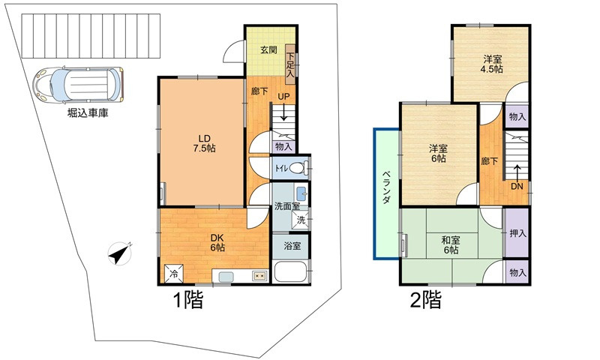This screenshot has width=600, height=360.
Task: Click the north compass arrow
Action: point(120,253)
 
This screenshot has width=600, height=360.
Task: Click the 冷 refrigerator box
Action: point(174,274)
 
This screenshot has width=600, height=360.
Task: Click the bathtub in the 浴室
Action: point(291,271)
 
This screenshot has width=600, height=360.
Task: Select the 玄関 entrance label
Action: point(268,50)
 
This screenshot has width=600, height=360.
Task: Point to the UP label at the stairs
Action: point(285,97)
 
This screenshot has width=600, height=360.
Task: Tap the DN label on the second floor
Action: point(517,186)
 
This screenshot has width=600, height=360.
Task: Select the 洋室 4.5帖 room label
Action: point(492,64)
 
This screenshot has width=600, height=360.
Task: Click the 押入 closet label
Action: point(517,234)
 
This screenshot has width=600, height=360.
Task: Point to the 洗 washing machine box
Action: point(300,220)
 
